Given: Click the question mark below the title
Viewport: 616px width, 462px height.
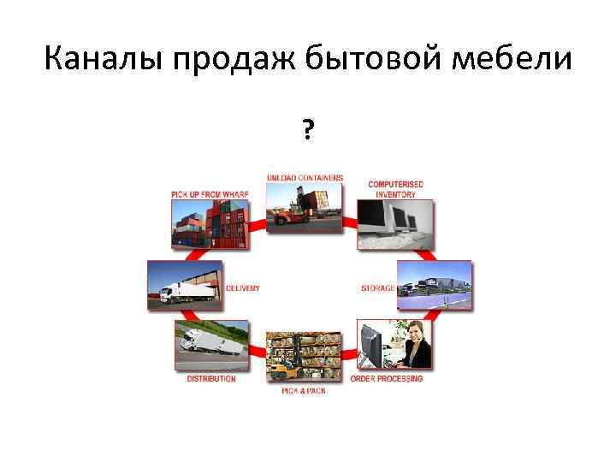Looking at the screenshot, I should click(307, 130).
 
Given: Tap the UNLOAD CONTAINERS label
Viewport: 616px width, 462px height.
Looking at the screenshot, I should click(305, 178).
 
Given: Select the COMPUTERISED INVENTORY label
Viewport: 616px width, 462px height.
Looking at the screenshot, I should click(395, 189).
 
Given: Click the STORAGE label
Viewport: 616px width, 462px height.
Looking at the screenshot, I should click(377, 288).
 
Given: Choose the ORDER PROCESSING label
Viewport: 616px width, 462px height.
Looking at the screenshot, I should click(387, 379).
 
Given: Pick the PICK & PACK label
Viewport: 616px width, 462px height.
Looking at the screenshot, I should click(303, 391).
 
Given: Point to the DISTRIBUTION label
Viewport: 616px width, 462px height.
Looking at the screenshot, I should click(211, 379).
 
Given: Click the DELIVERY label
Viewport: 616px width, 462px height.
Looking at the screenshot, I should click(243, 288).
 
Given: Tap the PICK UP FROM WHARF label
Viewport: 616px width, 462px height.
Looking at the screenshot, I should click(210, 195).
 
